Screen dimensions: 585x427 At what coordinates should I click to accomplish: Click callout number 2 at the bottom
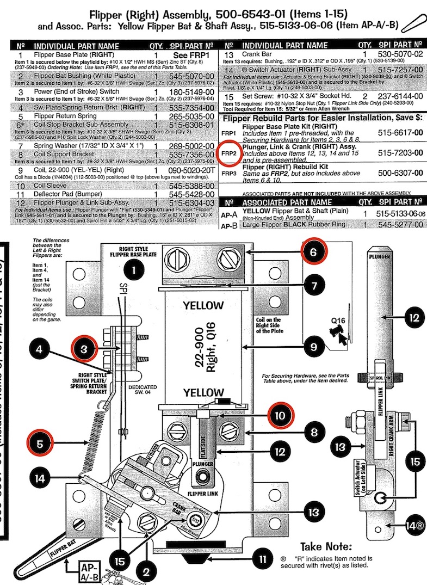(146, 571)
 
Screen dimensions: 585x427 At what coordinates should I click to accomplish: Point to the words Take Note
(326, 546)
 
